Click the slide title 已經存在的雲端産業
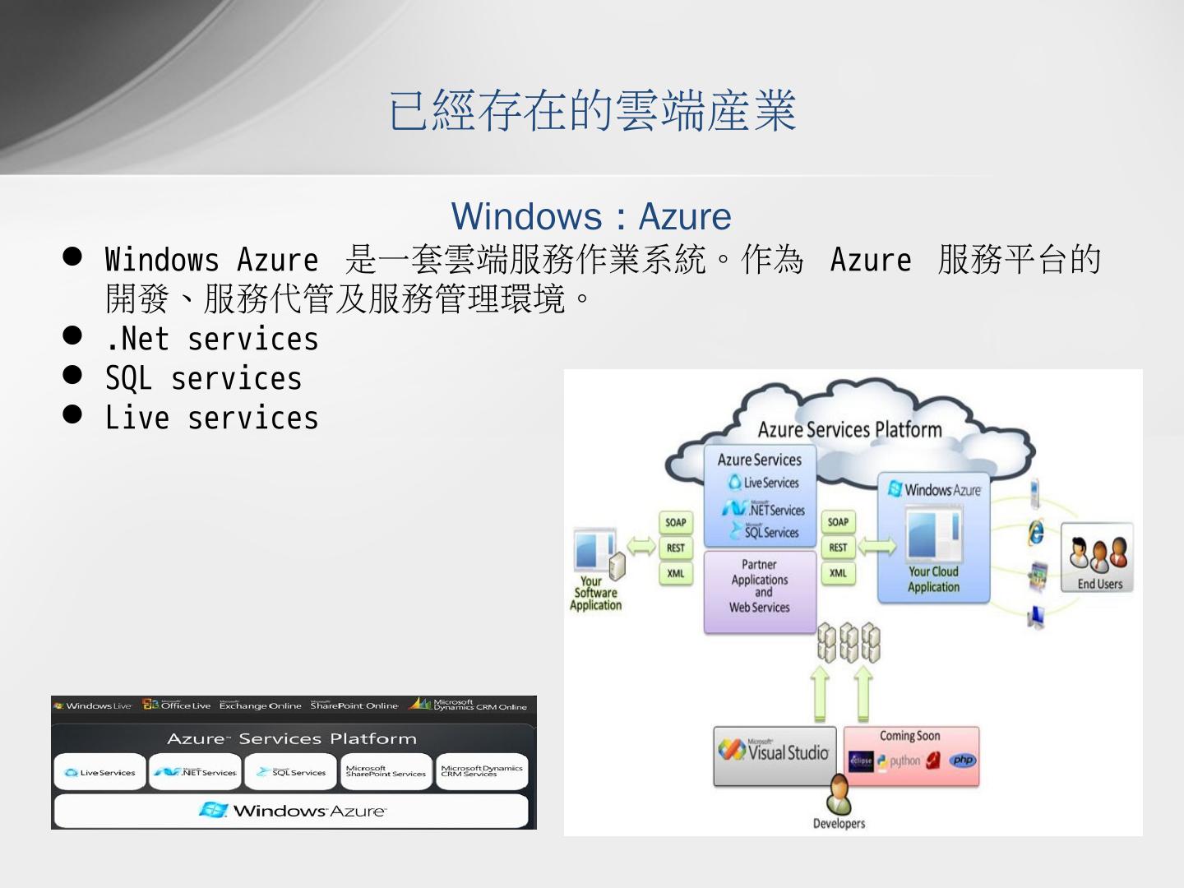592,111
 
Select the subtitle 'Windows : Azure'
591,216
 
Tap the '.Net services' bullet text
211,339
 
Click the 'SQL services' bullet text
203,378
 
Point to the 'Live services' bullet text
211,418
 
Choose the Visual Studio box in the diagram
775,754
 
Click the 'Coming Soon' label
909,736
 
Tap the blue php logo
962,761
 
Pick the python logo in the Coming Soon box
899,761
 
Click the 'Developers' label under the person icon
839,823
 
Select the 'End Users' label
1099,584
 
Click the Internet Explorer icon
1036,532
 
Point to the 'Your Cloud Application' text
933,579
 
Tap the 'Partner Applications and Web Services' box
760,586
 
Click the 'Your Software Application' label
596,593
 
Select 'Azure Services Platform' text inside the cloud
849,429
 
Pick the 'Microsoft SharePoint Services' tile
386,771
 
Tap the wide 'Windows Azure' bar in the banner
292,811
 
